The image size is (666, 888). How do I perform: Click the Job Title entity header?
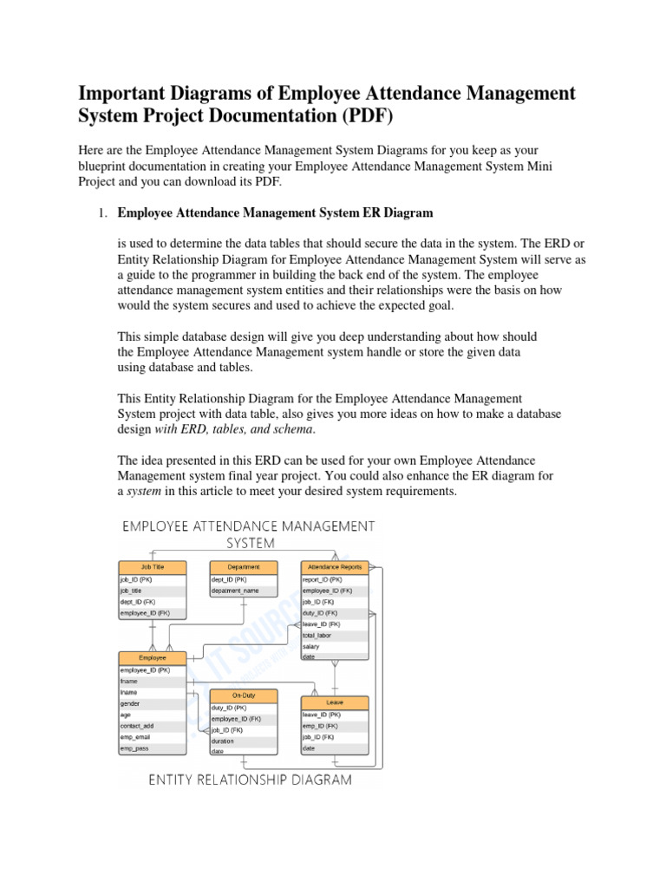point(152,567)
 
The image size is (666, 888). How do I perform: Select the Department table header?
point(244,567)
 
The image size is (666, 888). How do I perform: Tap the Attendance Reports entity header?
point(335,567)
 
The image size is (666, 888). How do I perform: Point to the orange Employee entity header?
point(152,658)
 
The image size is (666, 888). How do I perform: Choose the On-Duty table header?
point(243,695)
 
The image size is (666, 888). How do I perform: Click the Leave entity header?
point(335,702)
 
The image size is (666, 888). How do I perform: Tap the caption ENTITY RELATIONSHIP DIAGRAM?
point(251,780)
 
